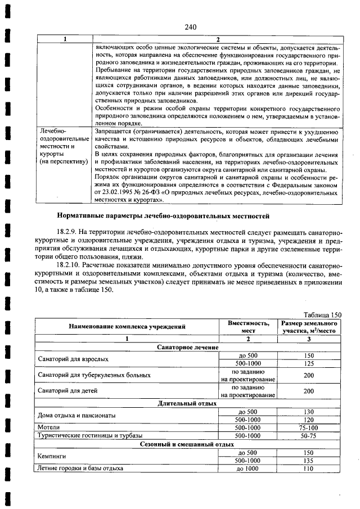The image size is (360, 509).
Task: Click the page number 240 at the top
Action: pyautogui.click(x=190, y=26)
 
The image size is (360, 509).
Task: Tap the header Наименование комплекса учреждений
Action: pyautogui.click(x=127, y=327)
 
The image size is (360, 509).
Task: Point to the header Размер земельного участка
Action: pyautogui.click(x=308, y=327)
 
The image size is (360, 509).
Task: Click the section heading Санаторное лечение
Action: pyautogui.click(x=188, y=348)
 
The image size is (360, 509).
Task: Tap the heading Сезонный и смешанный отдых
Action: pyautogui.click(x=188, y=444)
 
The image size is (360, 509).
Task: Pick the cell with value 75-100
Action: pyautogui.click(x=308, y=427)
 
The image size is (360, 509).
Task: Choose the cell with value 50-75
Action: pyautogui.click(x=308, y=435)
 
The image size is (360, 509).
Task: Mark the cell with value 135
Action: pyautogui.click(x=308, y=460)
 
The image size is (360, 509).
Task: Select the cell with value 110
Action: pyautogui.click(x=308, y=468)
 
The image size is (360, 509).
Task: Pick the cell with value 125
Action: pyautogui.click(x=308, y=363)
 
